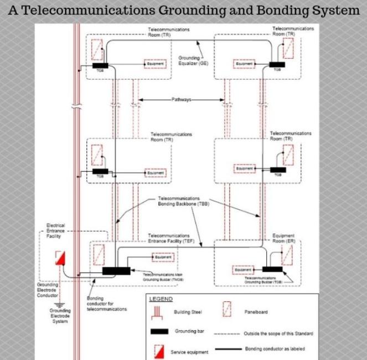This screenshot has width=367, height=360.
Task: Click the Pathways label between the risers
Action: click(181, 100)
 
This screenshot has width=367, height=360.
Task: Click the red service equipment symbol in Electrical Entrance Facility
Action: click(60, 258)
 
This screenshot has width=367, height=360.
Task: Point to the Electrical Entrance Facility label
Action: click(56, 230)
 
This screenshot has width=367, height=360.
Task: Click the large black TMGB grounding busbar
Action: click(116, 271)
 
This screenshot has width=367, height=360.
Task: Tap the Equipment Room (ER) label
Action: click(283, 238)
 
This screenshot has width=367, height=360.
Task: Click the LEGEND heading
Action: click(161, 299)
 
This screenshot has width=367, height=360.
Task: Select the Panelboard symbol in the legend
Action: click(226, 311)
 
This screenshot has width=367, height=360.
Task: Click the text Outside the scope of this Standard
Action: click(277, 334)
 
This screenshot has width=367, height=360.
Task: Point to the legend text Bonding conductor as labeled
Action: click(274, 349)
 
